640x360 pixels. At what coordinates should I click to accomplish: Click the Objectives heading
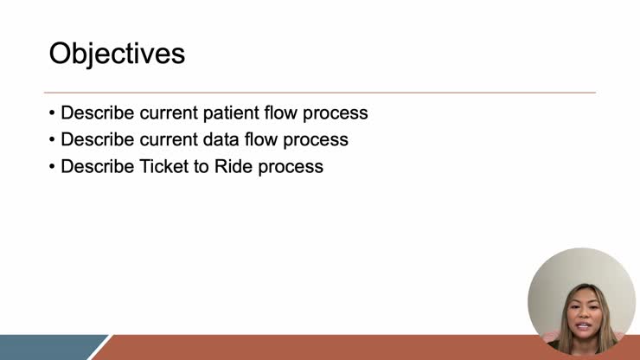[117, 54]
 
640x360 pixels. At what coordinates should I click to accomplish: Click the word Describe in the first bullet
[97, 113]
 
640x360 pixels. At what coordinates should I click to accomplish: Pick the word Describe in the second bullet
[97, 139]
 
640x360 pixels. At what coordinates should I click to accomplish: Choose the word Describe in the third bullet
[97, 166]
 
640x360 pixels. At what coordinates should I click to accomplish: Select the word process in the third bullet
[291, 167]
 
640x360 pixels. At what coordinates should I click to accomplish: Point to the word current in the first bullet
[170, 113]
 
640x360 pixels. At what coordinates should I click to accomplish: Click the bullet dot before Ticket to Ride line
[53, 166]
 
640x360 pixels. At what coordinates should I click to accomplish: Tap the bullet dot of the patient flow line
[53, 113]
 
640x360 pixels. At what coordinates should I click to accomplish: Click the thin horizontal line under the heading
[320, 93]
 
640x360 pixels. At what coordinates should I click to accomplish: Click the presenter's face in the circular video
[579, 307]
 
